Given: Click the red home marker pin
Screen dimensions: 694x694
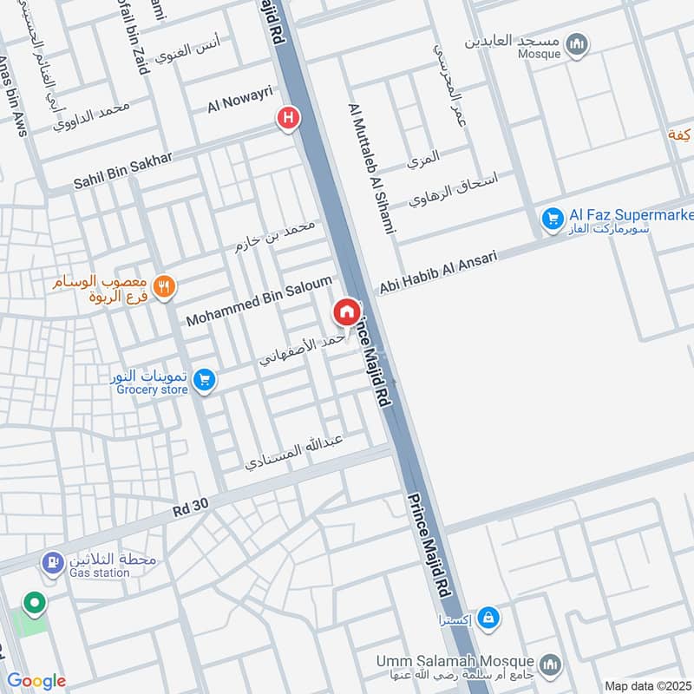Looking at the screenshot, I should click(346, 311).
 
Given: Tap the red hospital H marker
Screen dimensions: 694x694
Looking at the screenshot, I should click(288, 118).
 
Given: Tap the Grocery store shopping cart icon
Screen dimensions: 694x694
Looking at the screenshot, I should click(204, 380).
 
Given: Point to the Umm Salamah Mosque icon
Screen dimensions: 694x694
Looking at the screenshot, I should click(548, 665).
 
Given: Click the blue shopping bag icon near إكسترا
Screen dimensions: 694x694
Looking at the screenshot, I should click(488, 618).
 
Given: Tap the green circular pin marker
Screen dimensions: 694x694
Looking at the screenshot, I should click(35, 601).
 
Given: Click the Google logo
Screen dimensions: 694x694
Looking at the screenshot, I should click(36, 681).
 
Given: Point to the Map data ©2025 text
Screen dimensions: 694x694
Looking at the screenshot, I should click(646, 685).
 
